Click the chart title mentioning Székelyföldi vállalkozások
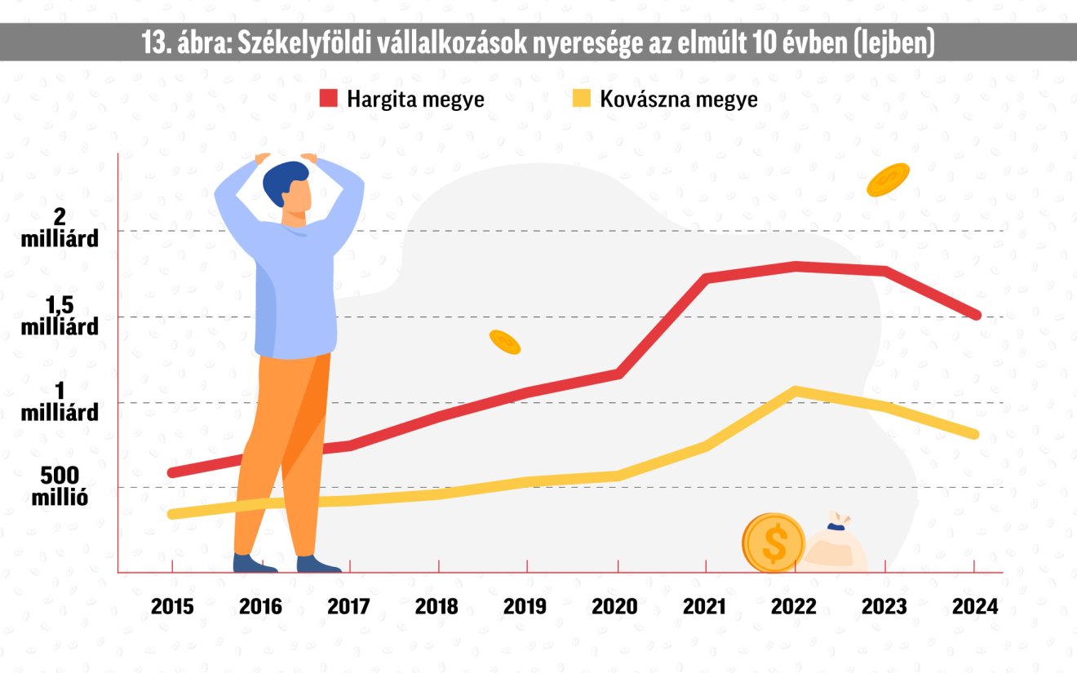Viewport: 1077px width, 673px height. tap(538, 43)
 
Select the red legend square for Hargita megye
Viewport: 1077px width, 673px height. tap(329, 100)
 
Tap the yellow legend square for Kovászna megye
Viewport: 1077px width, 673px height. tap(582, 100)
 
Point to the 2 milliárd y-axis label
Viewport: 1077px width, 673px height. tap(60, 228)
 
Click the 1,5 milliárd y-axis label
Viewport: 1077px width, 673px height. tap(60, 316)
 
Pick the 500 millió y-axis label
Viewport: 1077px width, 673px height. tap(60, 485)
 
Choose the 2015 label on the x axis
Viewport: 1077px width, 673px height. tap(172, 607)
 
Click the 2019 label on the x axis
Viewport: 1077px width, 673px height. tap(525, 607)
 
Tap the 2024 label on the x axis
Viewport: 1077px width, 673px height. tap(976, 607)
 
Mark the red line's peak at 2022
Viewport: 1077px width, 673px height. tap(794, 265)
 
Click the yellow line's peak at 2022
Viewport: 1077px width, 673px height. tap(794, 391)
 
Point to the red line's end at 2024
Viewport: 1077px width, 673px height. tap(976, 315)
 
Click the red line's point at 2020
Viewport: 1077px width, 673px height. tap(619, 374)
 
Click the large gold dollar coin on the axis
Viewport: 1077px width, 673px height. tap(773, 542)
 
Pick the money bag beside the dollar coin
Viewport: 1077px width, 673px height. tap(835, 544)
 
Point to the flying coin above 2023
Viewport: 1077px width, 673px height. tap(888, 179)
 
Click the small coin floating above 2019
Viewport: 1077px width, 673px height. tap(505, 343)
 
